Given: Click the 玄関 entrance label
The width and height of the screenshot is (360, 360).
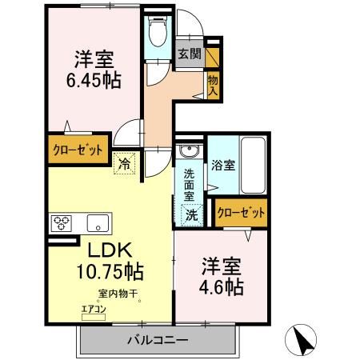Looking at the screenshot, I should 189,54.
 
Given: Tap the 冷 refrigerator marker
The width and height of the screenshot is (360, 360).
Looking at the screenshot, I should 126,161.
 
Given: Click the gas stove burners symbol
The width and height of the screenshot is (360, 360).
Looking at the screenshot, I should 62,222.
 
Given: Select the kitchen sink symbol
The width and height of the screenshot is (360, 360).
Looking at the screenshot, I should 97,222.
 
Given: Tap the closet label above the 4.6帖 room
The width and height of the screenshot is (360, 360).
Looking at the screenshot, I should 241,212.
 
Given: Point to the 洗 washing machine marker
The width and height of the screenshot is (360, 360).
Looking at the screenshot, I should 193,214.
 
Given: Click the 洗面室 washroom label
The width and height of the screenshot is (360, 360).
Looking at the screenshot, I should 190,184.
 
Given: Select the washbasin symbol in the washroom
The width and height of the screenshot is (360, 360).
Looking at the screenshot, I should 189,153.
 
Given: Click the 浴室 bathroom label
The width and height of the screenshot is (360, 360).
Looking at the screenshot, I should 224,166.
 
